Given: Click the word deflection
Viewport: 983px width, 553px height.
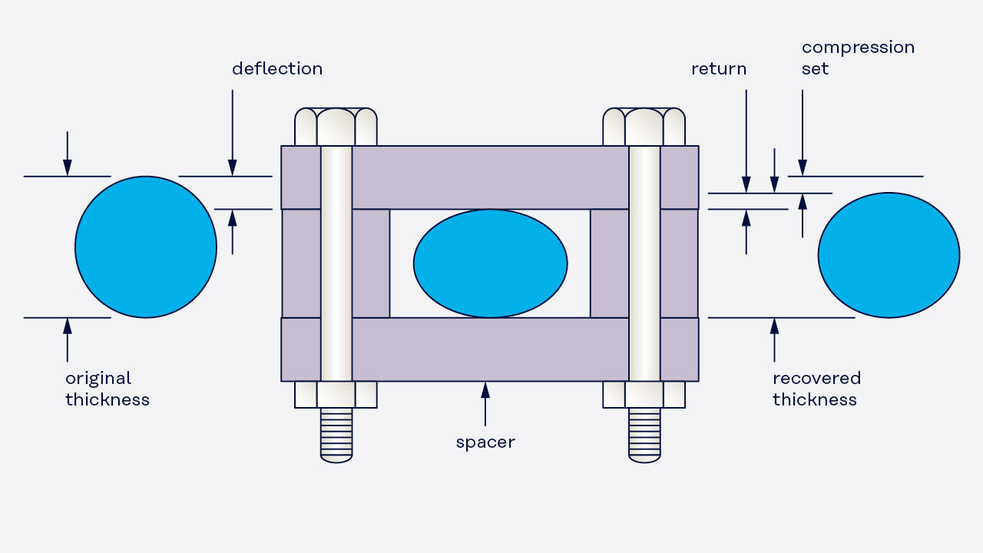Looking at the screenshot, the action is [x=277, y=68].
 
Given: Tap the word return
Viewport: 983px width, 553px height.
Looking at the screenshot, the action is [x=719, y=69].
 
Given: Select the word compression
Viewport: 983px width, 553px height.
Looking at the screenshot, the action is [x=858, y=48].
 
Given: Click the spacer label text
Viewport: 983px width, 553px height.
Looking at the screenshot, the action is [x=485, y=442].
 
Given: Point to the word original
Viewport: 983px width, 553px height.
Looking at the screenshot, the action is [x=98, y=379].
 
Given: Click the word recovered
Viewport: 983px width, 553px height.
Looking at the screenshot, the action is [x=816, y=379].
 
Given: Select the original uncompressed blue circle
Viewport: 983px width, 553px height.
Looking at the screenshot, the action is [x=146, y=247].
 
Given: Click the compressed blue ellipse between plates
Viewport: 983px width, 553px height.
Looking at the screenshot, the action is [x=490, y=263].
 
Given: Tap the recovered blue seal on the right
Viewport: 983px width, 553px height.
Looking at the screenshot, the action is [x=889, y=255].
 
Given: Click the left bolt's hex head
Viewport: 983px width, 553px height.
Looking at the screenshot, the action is [x=336, y=127].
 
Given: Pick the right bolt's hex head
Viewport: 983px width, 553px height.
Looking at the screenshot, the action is [x=644, y=127].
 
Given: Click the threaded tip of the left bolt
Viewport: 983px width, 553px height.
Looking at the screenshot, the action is [x=336, y=435].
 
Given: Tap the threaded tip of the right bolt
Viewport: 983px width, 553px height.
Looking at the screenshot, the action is [x=644, y=435].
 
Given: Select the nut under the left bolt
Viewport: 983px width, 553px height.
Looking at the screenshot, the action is [x=336, y=395].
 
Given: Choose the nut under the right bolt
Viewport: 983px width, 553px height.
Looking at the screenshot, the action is [x=644, y=395].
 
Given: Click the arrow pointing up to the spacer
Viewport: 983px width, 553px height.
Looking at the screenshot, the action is [x=485, y=404].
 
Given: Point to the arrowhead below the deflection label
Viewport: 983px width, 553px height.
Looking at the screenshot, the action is [x=233, y=167].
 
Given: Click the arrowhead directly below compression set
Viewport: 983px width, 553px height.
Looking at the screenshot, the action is [x=803, y=167].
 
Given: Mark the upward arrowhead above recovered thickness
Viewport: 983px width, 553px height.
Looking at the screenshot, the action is [x=775, y=326].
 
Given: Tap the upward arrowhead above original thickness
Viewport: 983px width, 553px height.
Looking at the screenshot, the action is [x=67, y=326].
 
